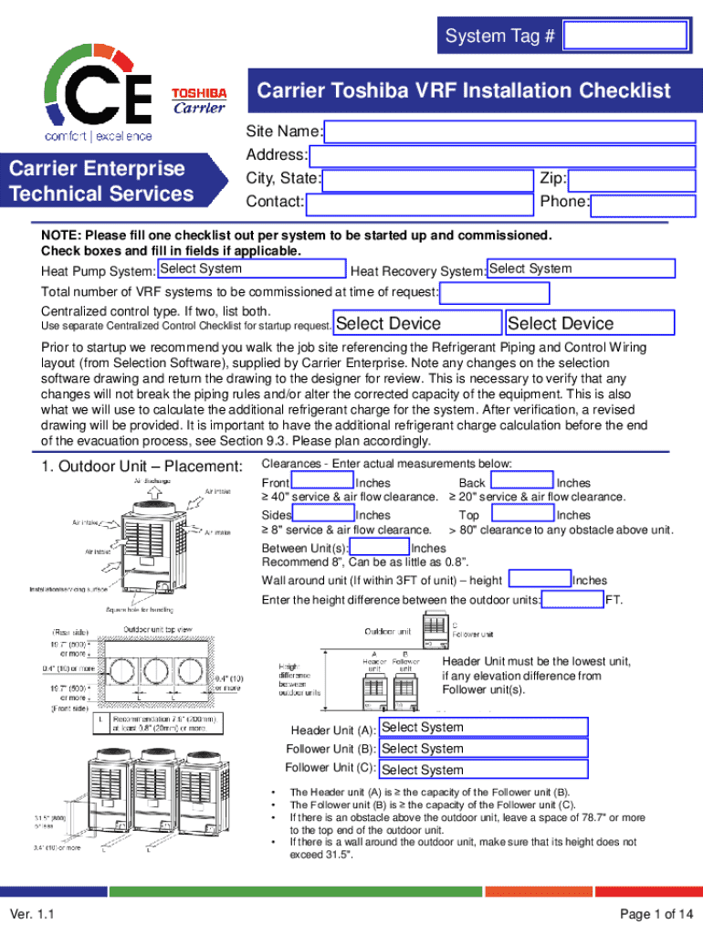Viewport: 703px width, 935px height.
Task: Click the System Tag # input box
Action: pyautogui.click(x=625, y=37)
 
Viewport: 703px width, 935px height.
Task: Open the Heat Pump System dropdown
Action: pyautogui.click(x=251, y=269)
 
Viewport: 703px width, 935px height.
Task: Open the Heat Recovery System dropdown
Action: pyautogui.click(x=581, y=269)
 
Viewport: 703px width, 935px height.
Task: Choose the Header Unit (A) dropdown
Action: pyautogui.click(x=482, y=728)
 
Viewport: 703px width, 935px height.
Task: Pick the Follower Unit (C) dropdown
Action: pyautogui.click(x=482, y=770)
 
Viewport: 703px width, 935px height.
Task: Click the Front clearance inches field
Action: pyautogui.click(x=322, y=482)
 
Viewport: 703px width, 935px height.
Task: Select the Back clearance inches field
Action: pyautogui.click(x=521, y=482)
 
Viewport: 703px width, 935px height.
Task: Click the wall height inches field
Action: pyautogui.click(x=540, y=580)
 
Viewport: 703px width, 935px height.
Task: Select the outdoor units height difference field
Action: pyautogui.click(x=572, y=600)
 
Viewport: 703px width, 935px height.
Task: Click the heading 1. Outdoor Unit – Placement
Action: pyautogui.click(x=142, y=467)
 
